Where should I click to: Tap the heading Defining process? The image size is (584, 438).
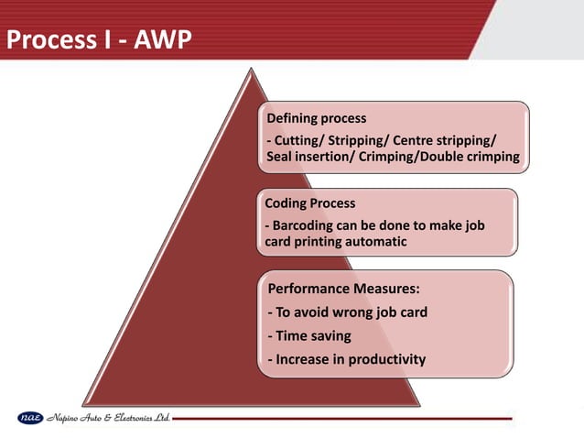click(316, 119)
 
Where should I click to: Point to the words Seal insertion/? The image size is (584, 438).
click(312, 158)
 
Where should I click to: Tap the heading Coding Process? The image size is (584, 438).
click(309, 203)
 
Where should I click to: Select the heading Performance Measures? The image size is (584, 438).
click(343, 289)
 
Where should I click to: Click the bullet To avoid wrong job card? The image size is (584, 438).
click(347, 312)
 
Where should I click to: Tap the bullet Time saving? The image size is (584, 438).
click(308, 336)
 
